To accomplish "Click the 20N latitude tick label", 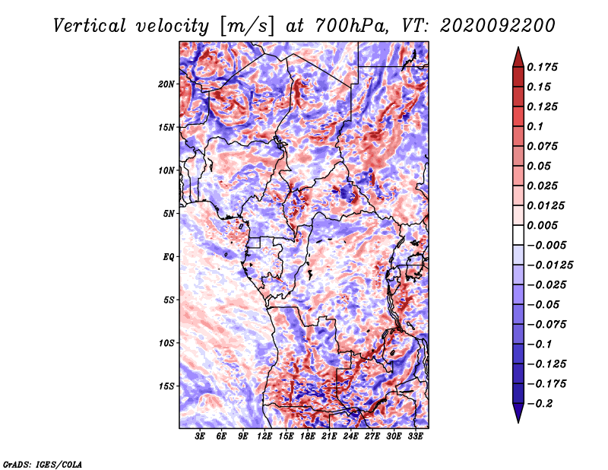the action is pyautogui.click(x=166, y=84).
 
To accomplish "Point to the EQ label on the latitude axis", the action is pyautogui.click(x=168, y=256).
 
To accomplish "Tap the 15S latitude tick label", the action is pyautogui.click(x=166, y=386).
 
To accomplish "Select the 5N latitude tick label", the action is pyautogui.click(x=169, y=214).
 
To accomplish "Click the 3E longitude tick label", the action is pyautogui.click(x=200, y=436).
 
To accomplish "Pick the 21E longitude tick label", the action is pyautogui.click(x=329, y=436).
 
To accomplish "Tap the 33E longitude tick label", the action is pyautogui.click(x=415, y=436).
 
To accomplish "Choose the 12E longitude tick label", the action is pyautogui.click(x=264, y=436).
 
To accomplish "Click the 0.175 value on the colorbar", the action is pyautogui.click(x=542, y=67).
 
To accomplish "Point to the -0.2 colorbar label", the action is pyautogui.click(x=540, y=404).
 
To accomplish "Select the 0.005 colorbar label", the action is pyautogui.click(x=542, y=225).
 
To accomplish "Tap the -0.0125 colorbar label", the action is pyautogui.click(x=549, y=265).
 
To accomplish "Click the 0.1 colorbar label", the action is pyautogui.click(x=535, y=126).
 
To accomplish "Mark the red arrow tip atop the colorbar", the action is pyautogui.click(x=518, y=47).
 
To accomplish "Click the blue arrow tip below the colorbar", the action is pyautogui.click(x=518, y=422).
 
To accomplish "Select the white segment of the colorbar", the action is pyautogui.click(x=518, y=235).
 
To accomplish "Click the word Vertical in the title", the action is pyautogui.click(x=90, y=26).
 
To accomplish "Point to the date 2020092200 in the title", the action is pyautogui.click(x=498, y=26).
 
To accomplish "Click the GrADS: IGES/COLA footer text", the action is pyautogui.click(x=43, y=465).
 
